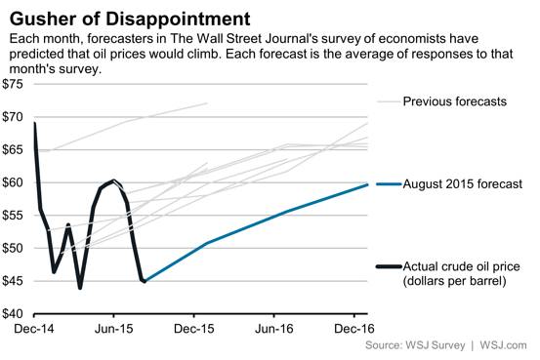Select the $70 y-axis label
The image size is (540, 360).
(x=14, y=117)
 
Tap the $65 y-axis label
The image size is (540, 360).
(x=14, y=150)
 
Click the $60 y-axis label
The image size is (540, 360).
(x=14, y=182)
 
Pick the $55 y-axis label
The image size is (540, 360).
(x=14, y=216)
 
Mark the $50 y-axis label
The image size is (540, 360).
(x=14, y=248)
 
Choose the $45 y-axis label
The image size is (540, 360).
(x=14, y=281)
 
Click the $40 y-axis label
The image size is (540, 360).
(x=14, y=314)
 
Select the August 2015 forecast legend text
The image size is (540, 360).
(x=462, y=183)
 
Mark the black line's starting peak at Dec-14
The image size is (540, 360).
(x=35, y=124)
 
